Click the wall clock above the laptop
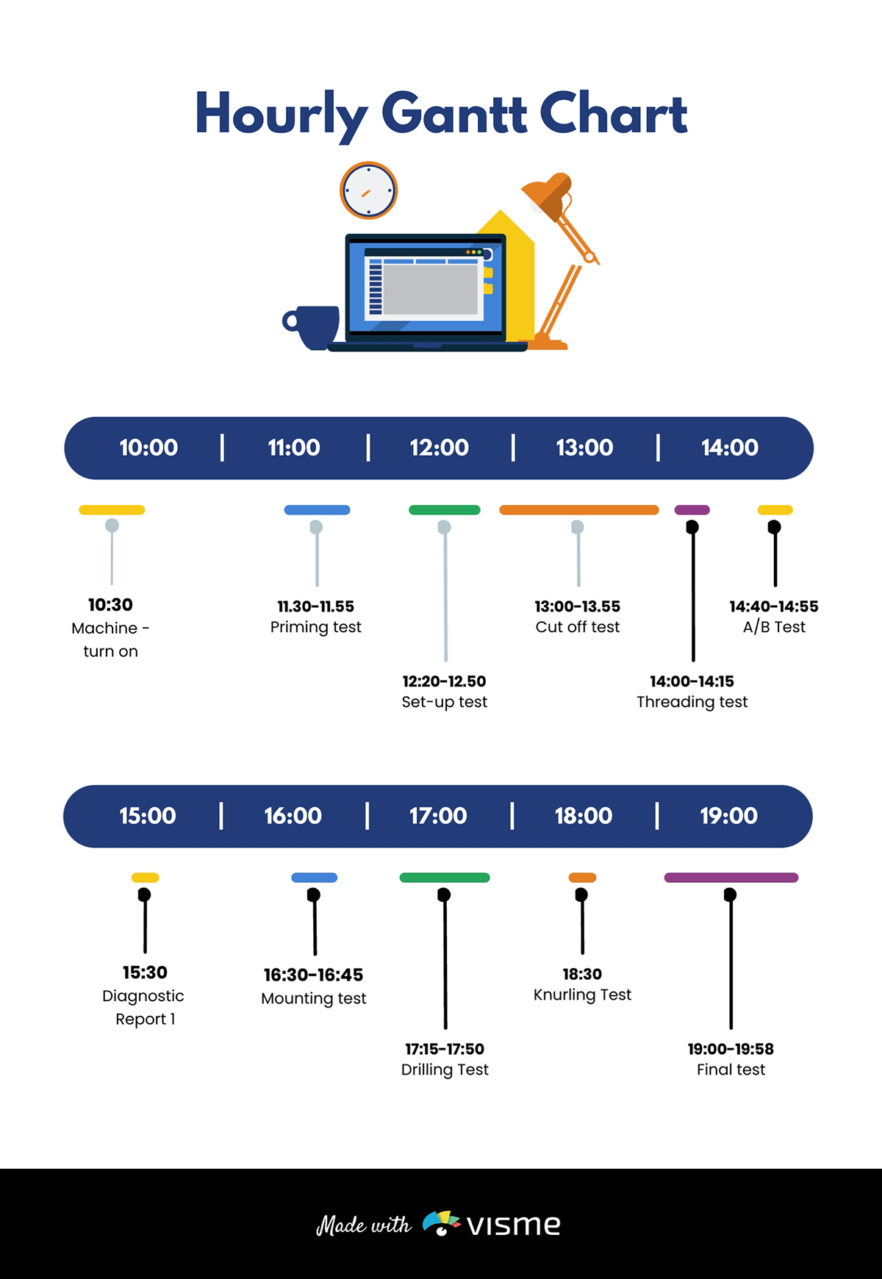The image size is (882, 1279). (368, 190)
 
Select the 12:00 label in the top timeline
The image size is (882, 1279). (439, 448)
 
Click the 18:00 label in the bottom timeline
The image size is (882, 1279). (583, 816)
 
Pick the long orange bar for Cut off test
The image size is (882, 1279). (578, 510)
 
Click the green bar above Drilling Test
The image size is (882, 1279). (444, 878)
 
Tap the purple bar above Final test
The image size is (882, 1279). (731, 878)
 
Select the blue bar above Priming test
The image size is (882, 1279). (317, 510)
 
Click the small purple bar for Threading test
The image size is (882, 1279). (692, 510)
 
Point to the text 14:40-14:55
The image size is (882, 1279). (773, 606)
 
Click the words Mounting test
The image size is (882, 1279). (314, 998)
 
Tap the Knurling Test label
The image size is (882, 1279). (582, 995)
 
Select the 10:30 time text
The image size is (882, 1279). (110, 605)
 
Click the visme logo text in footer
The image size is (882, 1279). (513, 1225)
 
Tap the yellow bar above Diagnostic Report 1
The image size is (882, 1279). (145, 878)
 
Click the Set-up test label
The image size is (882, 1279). (444, 702)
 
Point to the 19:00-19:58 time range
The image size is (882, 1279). (731, 1049)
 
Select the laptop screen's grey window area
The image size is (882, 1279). (431, 290)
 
